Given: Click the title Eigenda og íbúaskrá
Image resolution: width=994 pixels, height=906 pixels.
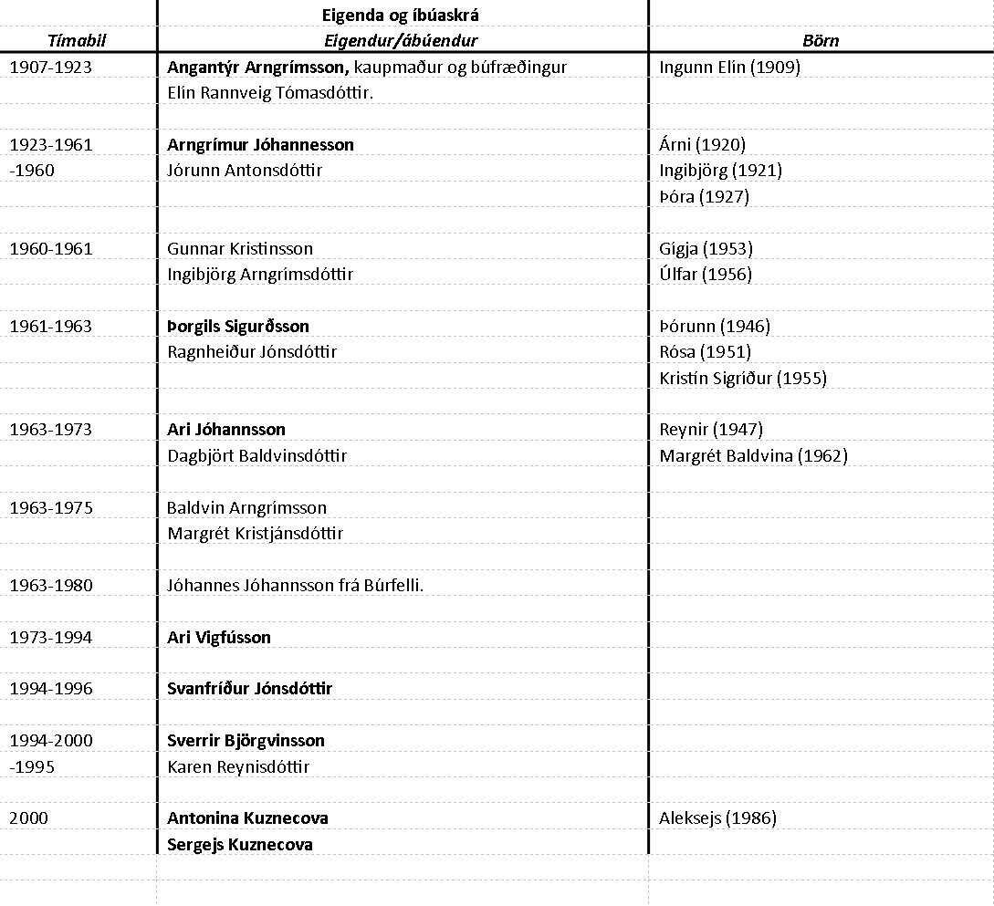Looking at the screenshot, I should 401,15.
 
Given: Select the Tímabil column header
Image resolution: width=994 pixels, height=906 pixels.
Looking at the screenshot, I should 77,40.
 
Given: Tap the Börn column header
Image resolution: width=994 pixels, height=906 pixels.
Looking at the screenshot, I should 821,40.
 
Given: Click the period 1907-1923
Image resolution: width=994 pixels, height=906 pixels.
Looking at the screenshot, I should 51,68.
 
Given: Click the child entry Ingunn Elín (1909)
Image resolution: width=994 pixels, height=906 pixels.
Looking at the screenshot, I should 729,68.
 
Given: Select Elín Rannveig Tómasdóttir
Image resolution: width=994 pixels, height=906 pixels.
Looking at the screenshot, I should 271,93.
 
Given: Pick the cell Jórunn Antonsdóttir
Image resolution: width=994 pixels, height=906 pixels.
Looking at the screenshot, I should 245,171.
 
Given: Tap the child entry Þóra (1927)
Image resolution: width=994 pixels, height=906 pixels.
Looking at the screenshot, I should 704,196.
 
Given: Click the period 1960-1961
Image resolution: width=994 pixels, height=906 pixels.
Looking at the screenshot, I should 51,249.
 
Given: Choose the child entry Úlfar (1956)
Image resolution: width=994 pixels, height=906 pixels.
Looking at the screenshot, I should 706,275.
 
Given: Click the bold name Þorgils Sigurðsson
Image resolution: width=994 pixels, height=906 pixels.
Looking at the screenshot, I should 238,327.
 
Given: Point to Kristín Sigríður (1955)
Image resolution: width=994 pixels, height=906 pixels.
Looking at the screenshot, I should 743,378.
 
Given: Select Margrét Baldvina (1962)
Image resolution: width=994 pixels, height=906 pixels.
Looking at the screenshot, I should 753,455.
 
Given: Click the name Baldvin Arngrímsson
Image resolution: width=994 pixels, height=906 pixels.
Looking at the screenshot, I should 246,507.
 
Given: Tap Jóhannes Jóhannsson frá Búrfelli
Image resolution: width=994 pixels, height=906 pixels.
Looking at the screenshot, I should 295,586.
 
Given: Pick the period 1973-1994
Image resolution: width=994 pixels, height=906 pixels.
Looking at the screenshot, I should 51,638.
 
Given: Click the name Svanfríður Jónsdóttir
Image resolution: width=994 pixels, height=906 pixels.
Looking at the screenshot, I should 249,689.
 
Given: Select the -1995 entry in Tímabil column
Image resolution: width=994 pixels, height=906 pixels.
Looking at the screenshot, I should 32,766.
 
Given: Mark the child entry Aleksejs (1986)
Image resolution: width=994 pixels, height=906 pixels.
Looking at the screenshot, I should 717,818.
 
